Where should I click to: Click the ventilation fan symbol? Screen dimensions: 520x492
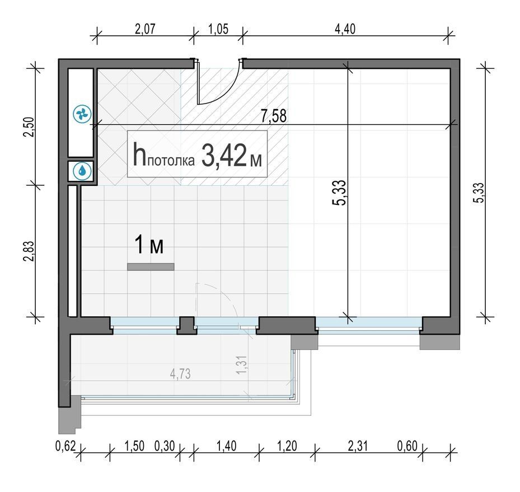click(x=82, y=114)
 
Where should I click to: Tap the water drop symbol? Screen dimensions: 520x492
click(x=81, y=171)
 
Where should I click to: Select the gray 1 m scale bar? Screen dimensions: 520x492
click(x=151, y=267)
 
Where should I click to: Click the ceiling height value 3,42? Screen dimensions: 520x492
click(x=223, y=155)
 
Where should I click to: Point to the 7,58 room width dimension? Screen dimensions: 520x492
click(x=274, y=116)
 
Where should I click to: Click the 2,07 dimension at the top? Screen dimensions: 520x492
click(x=145, y=29)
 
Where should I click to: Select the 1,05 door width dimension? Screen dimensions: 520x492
click(x=218, y=29)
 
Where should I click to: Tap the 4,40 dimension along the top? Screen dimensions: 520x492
click(x=345, y=29)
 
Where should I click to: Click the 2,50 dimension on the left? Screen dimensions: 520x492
click(x=30, y=126)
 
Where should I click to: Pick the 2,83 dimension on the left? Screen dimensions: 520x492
click(x=29, y=251)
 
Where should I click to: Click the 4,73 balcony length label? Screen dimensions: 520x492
click(x=180, y=374)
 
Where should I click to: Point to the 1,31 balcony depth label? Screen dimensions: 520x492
click(x=242, y=366)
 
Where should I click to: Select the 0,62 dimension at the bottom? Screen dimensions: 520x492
click(x=65, y=446)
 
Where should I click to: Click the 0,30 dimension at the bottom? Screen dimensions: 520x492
click(x=165, y=446)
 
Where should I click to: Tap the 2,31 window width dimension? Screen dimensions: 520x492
click(x=358, y=446)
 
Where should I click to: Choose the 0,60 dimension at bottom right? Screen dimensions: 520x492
click(x=407, y=446)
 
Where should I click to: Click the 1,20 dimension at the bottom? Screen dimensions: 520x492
click(x=287, y=446)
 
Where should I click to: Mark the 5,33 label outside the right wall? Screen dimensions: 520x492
click(x=480, y=193)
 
